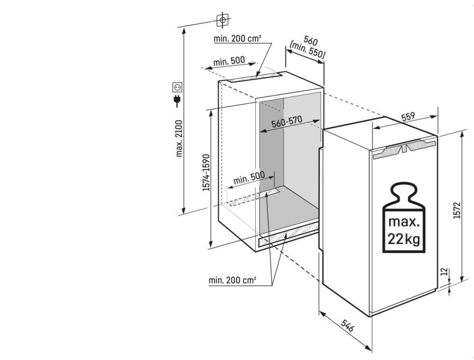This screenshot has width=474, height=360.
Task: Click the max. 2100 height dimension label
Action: point(180,139)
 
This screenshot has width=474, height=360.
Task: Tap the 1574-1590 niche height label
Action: point(206,172)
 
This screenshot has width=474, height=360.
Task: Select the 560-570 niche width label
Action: point(287,122)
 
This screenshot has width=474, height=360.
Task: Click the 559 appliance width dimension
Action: point(409,116)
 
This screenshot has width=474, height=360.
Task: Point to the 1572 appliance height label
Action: point(457,210)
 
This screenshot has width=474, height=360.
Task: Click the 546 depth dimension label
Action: point(347,325)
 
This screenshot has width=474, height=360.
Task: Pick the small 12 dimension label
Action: point(444,272)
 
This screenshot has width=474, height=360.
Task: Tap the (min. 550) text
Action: point(307,50)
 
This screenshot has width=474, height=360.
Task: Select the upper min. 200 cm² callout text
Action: point(237,39)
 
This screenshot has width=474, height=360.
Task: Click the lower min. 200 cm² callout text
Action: point(232,280)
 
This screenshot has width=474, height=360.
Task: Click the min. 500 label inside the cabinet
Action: point(249,178)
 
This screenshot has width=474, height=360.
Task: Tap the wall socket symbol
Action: point(177,87)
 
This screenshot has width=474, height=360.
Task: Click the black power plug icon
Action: point(176,101)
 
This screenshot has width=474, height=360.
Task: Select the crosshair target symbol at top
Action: point(222,20)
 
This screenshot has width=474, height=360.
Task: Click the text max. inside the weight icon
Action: point(404,222)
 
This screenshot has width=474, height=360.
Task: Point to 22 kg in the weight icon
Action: point(404,239)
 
